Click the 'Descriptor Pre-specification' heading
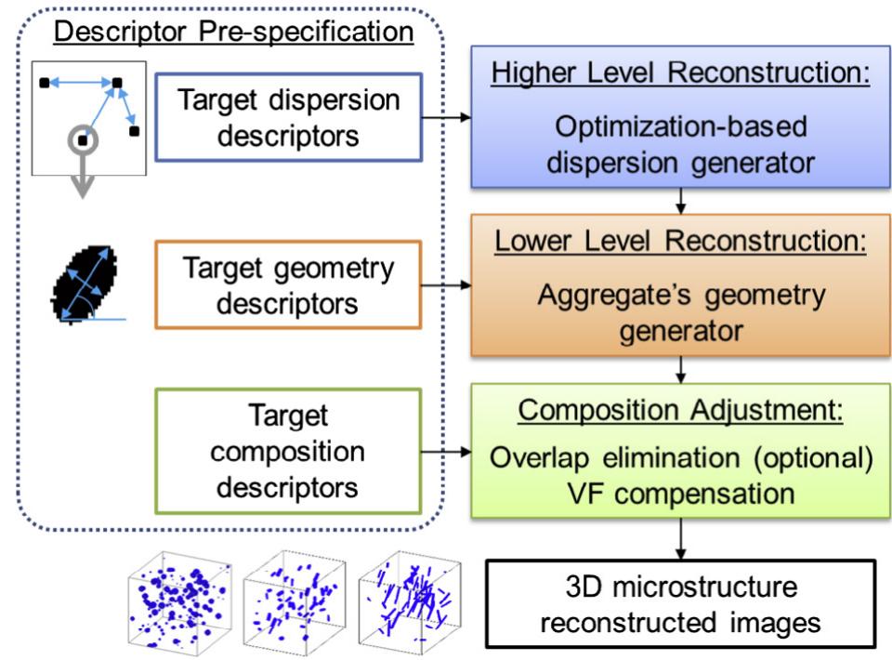tap(233, 31)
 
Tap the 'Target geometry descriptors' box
tap(289, 285)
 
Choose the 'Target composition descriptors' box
tap(289, 453)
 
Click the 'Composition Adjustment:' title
tap(681, 409)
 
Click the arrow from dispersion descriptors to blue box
tap(446, 118)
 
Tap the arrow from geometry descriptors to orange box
tap(446, 285)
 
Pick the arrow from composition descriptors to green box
tap(446, 453)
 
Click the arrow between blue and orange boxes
tap(682, 200)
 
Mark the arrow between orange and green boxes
tap(682, 370)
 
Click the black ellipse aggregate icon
tap(84, 281)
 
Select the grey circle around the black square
tap(84, 140)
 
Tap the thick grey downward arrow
tap(84, 181)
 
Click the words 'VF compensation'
tap(681, 492)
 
